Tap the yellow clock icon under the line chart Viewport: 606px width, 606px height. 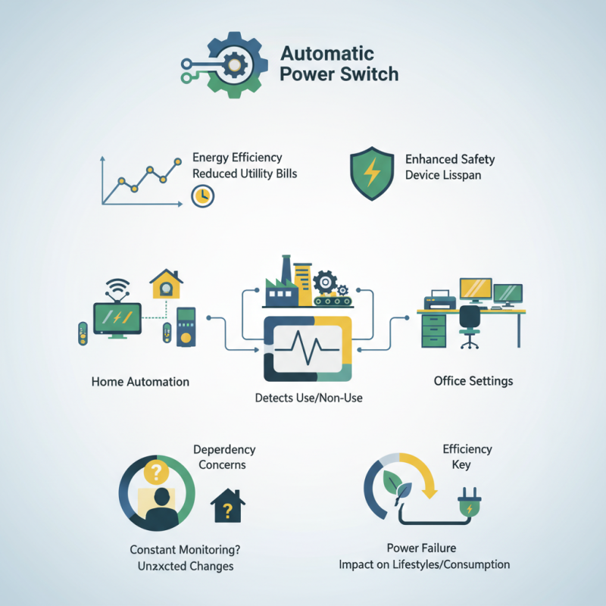203,196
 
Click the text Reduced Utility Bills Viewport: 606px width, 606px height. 245,173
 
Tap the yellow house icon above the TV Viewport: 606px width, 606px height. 166,284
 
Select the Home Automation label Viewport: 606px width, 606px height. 140,381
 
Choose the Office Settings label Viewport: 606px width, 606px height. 473,380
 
